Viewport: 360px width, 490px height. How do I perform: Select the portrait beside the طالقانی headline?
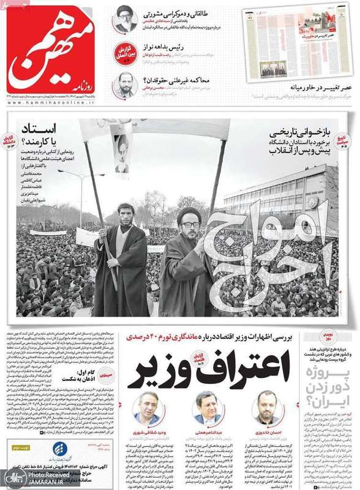point(126,20)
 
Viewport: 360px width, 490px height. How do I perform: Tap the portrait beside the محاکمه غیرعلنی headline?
point(126,86)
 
